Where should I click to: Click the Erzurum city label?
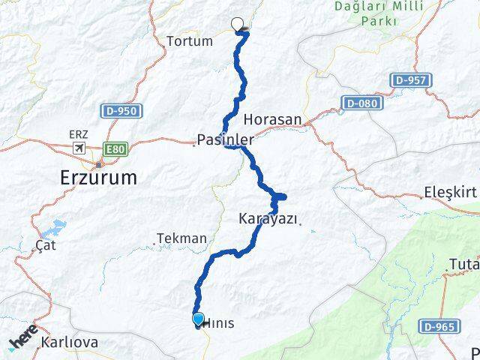(98, 178)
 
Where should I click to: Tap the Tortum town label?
(190, 41)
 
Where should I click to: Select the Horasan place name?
(273, 119)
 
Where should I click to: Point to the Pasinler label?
(225, 139)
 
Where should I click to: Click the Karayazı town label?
(268, 219)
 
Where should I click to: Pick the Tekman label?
(181, 238)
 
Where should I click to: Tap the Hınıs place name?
(219, 323)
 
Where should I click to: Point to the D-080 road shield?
(361, 102)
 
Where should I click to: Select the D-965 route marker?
(439, 326)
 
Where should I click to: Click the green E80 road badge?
(115, 149)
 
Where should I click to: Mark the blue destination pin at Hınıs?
(198, 319)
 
